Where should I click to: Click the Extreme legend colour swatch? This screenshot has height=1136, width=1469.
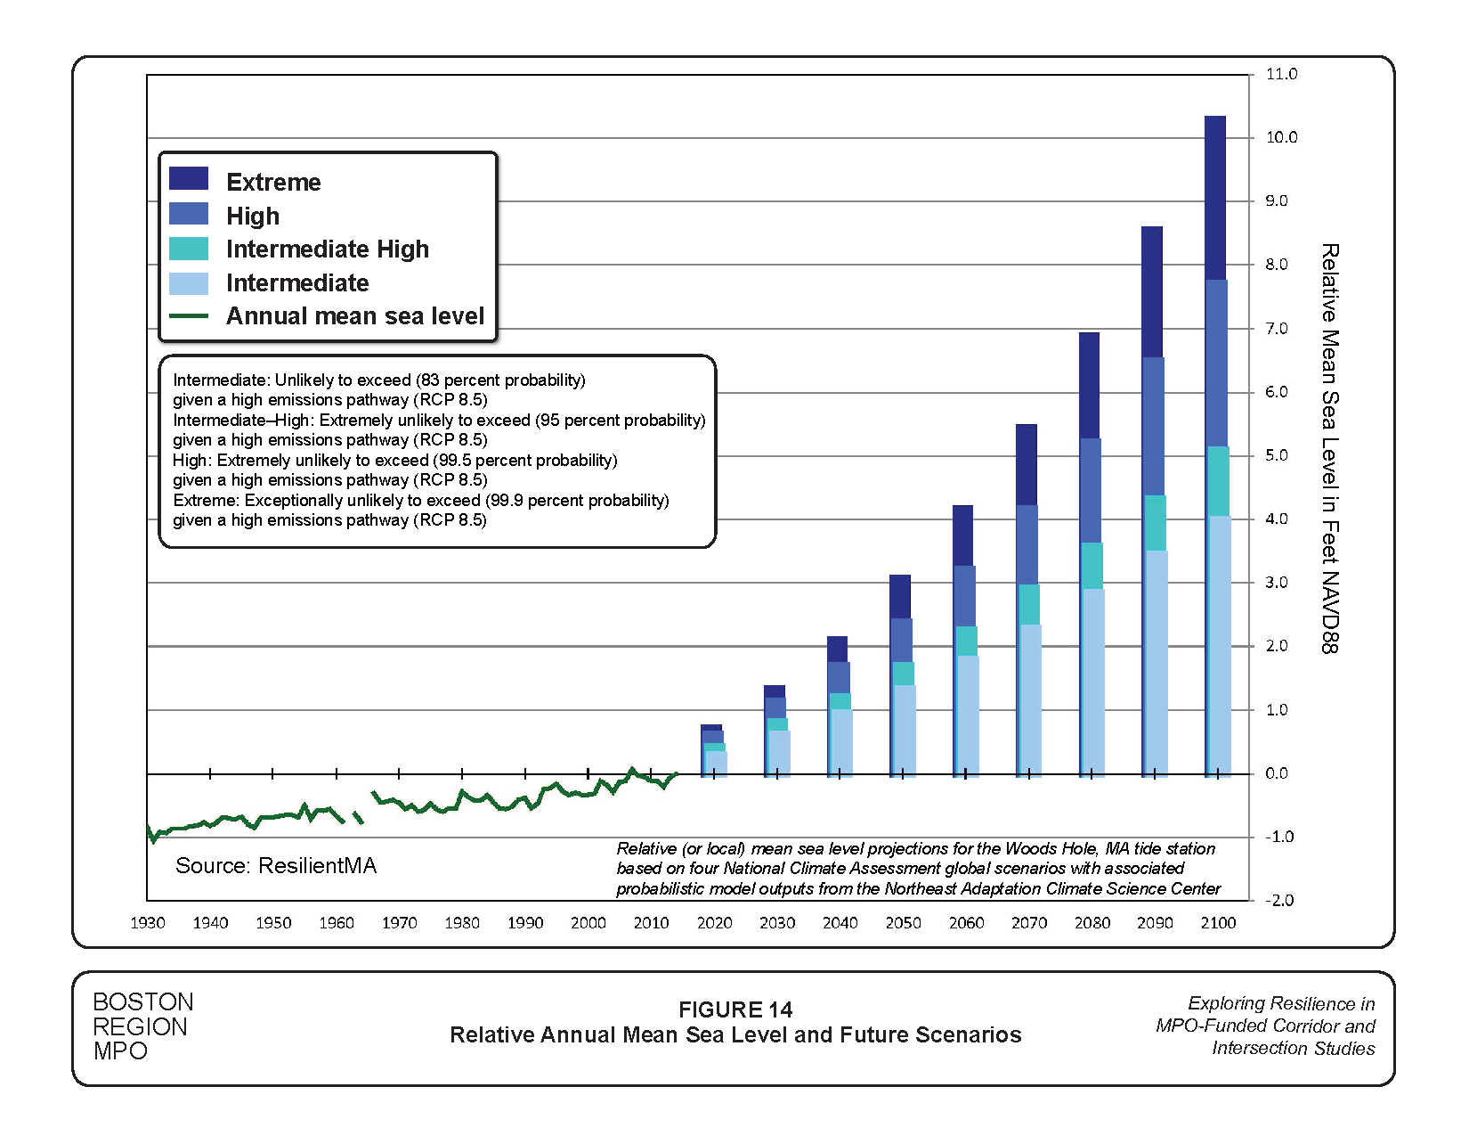(189, 179)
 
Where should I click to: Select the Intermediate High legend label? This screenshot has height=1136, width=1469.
(327, 249)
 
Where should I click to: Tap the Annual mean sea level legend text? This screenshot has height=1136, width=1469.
(354, 316)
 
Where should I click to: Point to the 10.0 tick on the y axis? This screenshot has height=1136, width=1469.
(1281, 137)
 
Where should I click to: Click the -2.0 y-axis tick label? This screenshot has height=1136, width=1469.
(1279, 900)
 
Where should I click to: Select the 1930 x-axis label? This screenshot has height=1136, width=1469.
(148, 923)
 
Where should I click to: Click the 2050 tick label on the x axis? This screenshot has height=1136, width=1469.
(903, 923)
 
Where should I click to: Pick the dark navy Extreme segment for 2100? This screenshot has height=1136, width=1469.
(1215, 196)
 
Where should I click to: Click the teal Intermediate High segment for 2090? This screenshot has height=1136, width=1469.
(1155, 523)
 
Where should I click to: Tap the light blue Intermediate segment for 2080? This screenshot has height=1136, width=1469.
(1092, 682)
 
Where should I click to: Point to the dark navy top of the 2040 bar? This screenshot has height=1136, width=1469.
(837, 649)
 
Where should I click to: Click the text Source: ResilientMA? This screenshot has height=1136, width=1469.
(276, 866)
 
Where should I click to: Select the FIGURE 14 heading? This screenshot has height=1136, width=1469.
(734, 1009)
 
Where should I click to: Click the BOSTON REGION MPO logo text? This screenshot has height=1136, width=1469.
(142, 1026)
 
